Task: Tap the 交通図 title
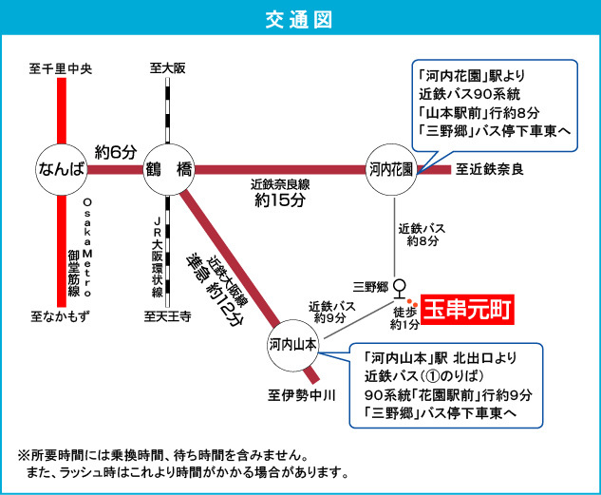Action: point(300,19)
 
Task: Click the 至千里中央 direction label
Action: point(60,68)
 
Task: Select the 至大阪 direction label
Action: point(167,68)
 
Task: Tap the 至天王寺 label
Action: point(167,316)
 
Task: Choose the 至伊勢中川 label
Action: point(302,394)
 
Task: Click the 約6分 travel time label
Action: point(116,151)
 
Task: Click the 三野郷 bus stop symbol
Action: point(400,286)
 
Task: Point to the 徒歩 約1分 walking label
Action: point(404,317)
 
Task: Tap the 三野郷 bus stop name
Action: point(370,286)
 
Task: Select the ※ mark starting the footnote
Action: point(24,454)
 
